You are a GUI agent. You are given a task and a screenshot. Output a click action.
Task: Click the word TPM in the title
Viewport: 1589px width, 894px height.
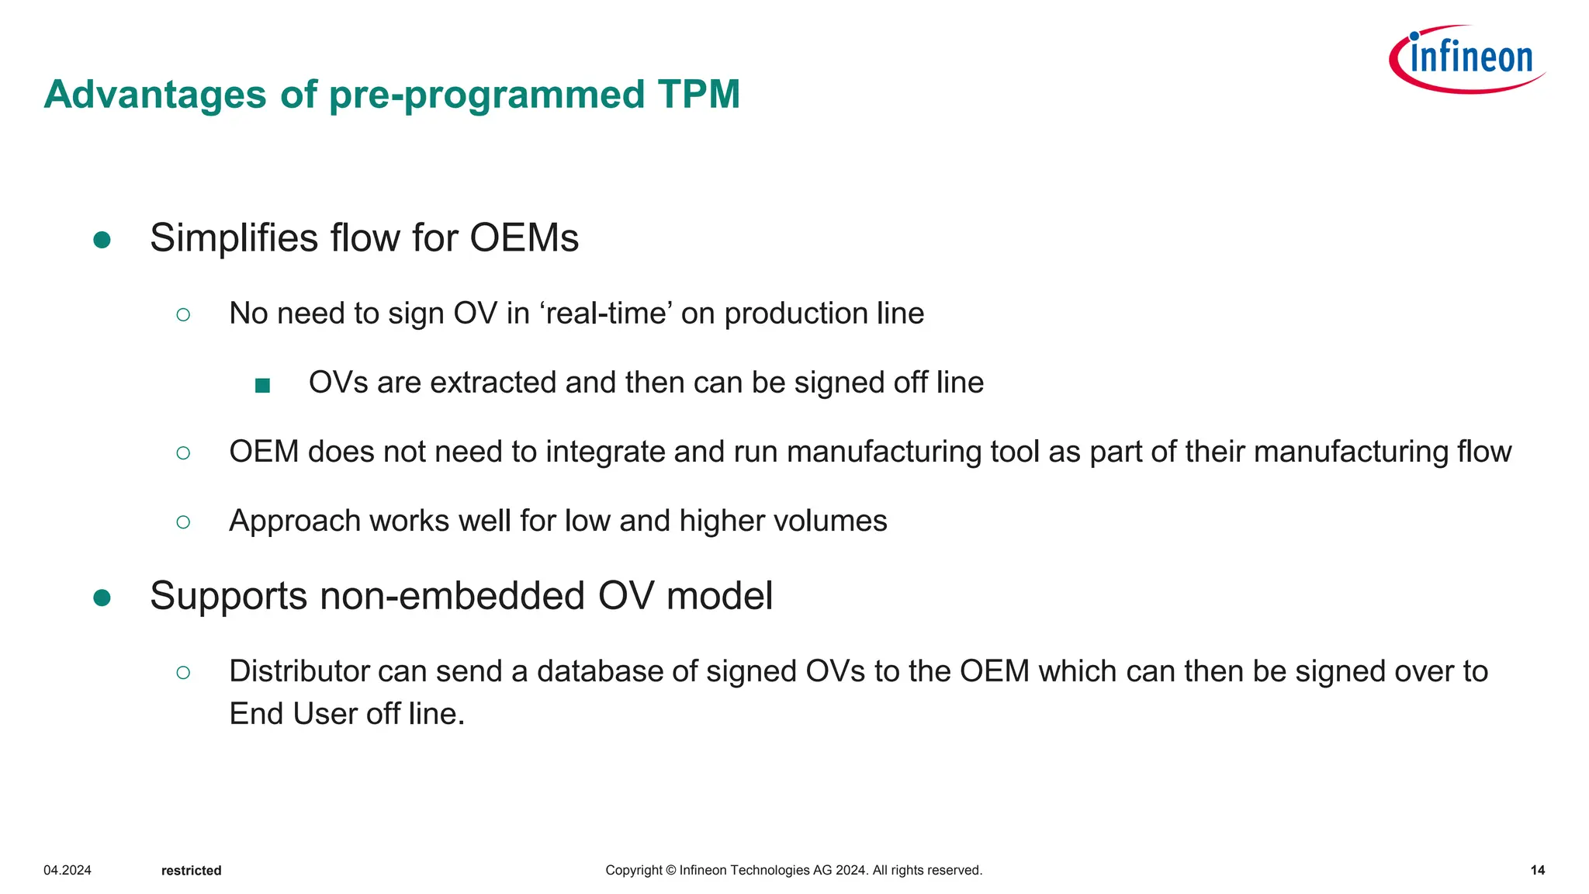click(x=698, y=95)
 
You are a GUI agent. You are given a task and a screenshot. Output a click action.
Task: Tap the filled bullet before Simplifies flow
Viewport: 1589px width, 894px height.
click(x=102, y=240)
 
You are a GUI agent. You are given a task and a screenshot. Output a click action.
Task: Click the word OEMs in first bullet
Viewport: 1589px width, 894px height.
click(x=524, y=238)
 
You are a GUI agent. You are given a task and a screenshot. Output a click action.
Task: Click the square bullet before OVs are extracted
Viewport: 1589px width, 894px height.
click(x=262, y=385)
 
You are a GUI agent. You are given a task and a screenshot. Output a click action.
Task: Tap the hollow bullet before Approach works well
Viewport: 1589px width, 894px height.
click(x=183, y=522)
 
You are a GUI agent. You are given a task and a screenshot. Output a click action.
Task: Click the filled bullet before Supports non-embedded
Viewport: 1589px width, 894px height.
click(x=102, y=598)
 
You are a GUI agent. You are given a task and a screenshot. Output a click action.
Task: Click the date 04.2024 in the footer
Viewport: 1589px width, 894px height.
click(x=68, y=870)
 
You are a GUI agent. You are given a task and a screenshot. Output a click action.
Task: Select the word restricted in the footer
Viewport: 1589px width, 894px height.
click(x=191, y=871)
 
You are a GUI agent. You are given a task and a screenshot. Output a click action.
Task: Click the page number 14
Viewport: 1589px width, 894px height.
click(x=1537, y=870)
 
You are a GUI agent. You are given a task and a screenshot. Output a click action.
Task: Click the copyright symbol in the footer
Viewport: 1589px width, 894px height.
click(x=671, y=870)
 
